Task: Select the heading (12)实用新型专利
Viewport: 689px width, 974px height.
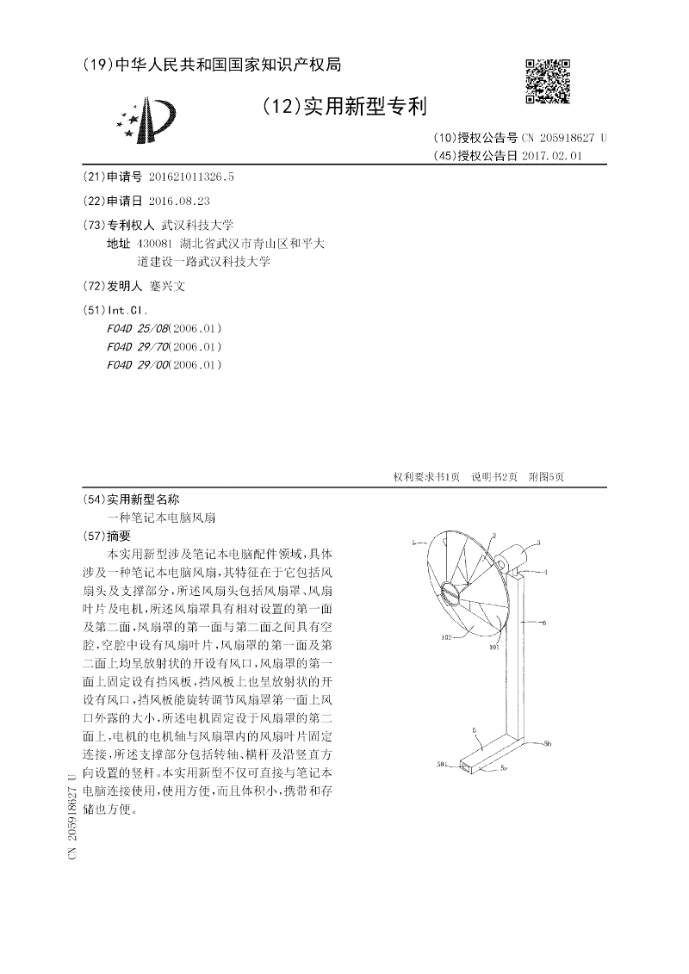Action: [342, 107]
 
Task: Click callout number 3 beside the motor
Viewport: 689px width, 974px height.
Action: [539, 543]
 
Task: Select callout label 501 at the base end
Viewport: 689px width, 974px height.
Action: [441, 764]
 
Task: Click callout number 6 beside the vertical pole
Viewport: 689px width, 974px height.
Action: [544, 621]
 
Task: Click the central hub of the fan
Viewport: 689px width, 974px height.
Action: [451, 592]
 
